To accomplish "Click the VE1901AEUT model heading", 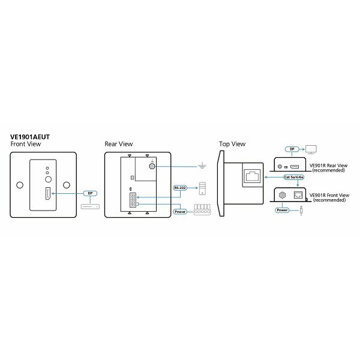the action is pyautogui.click(x=30, y=137).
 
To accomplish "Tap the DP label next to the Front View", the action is pyautogui.click(x=90, y=194).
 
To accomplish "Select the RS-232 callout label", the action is pyautogui.click(x=180, y=188).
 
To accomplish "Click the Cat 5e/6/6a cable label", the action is pyautogui.click(x=294, y=177).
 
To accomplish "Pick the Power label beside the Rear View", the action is pyautogui.click(x=180, y=212).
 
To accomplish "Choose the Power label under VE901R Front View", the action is pyautogui.click(x=282, y=210).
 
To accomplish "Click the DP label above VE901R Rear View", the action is pyautogui.click(x=292, y=149).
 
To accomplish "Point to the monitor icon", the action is pyautogui.click(x=311, y=149).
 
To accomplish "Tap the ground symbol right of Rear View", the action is pyautogui.click(x=202, y=166).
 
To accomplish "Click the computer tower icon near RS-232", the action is pyautogui.click(x=203, y=188).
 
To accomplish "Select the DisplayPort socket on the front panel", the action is pyautogui.click(x=48, y=194).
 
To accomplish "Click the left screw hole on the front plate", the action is pyautogui.click(x=20, y=185).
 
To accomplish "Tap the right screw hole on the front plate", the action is pyautogui.click(x=67, y=185).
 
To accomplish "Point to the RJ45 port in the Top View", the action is pyautogui.click(x=253, y=176).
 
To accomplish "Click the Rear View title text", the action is pyautogui.click(x=119, y=144).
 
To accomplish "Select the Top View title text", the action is pyautogui.click(x=232, y=144).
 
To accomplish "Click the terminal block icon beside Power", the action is pyautogui.click(x=202, y=209).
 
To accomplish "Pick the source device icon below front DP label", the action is pyautogui.click(x=90, y=206).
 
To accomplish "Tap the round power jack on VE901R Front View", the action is pyautogui.click(x=282, y=196).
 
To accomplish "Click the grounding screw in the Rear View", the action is pyautogui.click(x=152, y=166).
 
